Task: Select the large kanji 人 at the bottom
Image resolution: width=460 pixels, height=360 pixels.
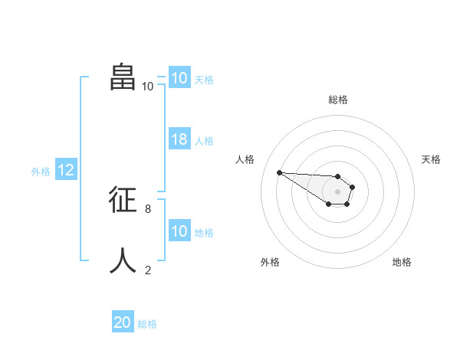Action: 123,260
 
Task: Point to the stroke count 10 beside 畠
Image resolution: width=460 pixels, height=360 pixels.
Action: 148,87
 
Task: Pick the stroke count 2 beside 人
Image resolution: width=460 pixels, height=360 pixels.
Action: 148,270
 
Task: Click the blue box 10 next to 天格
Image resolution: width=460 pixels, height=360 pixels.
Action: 179,78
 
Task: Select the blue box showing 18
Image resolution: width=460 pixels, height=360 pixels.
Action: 179,139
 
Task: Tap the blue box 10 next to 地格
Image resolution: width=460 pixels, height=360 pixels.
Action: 179,231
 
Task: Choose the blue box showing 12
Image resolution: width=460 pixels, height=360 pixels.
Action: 66,170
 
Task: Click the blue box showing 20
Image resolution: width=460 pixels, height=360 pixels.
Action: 123,322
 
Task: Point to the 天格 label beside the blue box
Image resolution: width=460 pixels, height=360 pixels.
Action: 204,79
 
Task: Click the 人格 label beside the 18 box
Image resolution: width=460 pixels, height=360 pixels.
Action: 204,141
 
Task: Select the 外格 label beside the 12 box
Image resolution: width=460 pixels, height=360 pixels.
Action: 41,172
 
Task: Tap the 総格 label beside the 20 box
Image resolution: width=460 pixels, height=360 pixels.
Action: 147,324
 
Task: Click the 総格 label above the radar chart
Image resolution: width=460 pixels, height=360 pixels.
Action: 337,100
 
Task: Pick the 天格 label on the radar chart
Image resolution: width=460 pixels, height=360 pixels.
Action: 431,159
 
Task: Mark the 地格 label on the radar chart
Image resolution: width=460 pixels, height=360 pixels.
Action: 402,262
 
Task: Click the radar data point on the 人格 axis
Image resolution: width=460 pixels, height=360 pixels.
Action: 279,172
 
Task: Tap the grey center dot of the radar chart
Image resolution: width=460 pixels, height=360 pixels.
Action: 337,191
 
